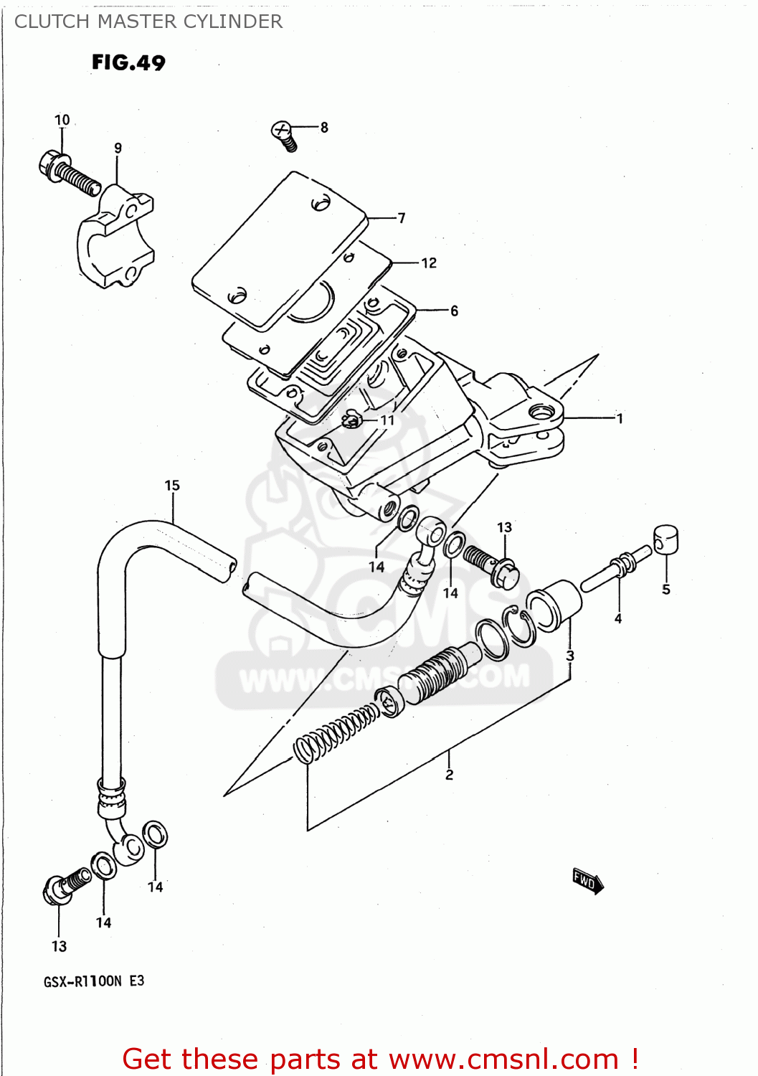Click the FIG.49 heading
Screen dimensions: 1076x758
coord(128,63)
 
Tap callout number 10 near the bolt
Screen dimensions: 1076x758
coord(62,120)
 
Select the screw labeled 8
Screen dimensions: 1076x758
coord(285,135)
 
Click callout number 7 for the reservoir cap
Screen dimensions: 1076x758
coord(402,218)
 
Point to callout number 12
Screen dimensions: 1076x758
coord(429,263)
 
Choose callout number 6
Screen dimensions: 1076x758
coord(454,311)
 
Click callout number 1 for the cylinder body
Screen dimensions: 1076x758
coord(620,418)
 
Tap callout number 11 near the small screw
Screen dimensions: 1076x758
coord(387,420)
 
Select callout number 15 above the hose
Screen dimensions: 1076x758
coord(172,486)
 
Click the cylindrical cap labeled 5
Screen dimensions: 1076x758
coord(665,539)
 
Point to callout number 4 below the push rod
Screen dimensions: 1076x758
coord(618,618)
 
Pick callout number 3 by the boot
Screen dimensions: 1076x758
coord(570,656)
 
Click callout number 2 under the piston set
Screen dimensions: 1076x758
coord(449,775)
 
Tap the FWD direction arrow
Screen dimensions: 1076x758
coord(587,881)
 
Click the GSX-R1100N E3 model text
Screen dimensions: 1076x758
coord(94,981)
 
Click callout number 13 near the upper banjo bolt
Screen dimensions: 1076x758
coord(504,528)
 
